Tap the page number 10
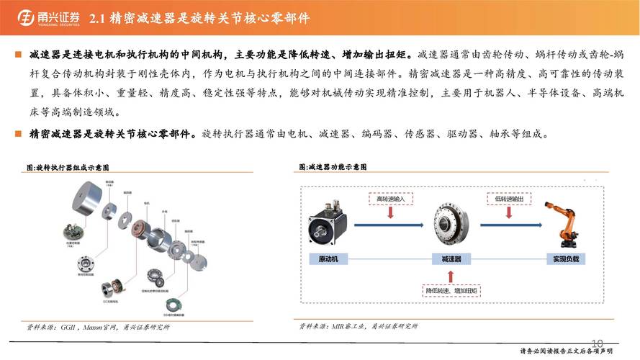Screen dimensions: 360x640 (597, 342)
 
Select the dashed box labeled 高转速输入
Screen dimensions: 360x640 (390, 197)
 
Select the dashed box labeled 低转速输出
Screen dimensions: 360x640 (509, 197)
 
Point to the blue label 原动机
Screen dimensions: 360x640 (328, 258)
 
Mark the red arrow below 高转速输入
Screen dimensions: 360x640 (390, 212)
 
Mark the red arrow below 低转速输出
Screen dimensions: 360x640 (509, 212)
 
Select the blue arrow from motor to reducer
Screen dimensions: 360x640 (389, 227)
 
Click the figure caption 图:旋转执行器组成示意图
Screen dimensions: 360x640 (73, 166)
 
